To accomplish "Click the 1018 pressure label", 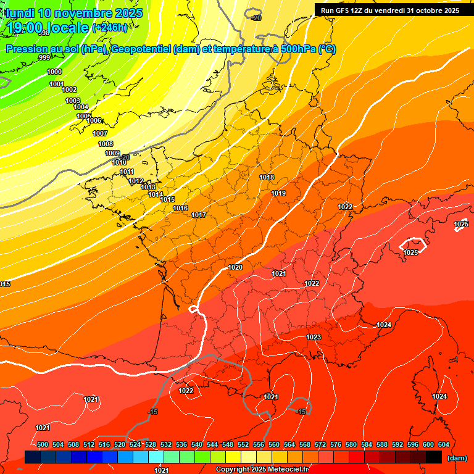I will [267, 178].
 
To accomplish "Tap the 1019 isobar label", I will [278, 194].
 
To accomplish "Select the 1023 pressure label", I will [314, 337].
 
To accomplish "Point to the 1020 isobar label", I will [235, 267].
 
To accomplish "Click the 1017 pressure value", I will [199, 215].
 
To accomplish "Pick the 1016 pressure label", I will [180, 208].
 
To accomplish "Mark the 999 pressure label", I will [44, 57].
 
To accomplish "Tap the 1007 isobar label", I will [100, 133].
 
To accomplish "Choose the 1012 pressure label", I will [136, 181].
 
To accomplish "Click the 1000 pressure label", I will [54, 72].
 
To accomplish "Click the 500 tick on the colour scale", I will [43, 444].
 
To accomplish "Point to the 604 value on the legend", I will [443, 444].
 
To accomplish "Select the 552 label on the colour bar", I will [243, 444].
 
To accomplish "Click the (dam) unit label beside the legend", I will [457, 457].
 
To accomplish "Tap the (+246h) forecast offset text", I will [110, 27].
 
